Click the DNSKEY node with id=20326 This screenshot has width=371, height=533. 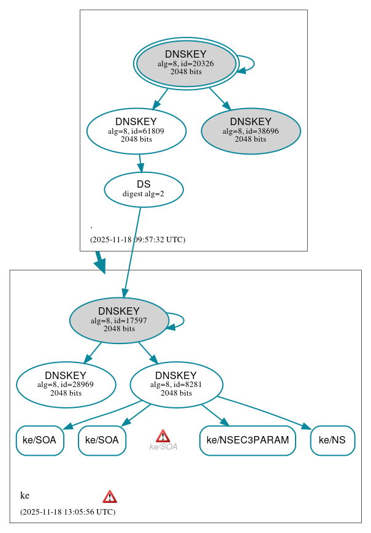[x=186, y=63]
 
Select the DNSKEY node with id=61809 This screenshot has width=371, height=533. [x=136, y=131]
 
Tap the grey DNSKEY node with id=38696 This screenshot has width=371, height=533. [x=250, y=131]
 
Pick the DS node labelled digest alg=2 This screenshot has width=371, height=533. [x=143, y=189]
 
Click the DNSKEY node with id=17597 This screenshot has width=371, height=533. [x=119, y=320]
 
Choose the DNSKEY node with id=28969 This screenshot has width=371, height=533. [x=66, y=385]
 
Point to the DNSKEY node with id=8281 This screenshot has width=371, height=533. [x=176, y=385]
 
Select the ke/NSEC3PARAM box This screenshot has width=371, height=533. [x=247, y=440]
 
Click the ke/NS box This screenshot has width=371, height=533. [x=332, y=440]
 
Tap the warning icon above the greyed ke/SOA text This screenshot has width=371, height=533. [x=163, y=435]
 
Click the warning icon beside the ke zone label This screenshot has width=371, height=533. [x=110, y=496]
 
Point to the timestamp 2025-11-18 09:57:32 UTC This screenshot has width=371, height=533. [x=137, y=240]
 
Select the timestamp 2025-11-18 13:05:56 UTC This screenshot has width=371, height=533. [x=67, y=512]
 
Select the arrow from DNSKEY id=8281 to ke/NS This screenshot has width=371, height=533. [x=270, y=412]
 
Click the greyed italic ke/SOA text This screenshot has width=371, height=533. [x=163, y=447]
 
